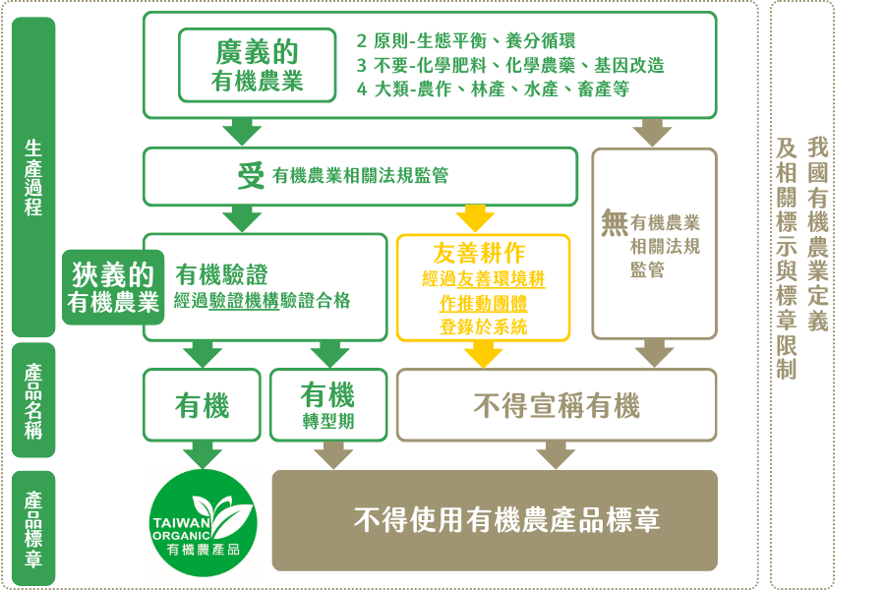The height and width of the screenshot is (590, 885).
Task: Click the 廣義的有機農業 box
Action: coord(258,65)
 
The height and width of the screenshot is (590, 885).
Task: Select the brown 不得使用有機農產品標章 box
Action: coord(495,520)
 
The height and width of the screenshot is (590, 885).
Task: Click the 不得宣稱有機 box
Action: coord(557,404)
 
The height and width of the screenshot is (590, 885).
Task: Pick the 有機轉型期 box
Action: coord(327,404)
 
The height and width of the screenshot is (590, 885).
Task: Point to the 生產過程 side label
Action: coord(33,177)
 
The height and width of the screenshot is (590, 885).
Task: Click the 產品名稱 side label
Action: coord(33,400)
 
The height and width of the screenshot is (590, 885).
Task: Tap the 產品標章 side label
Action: coord(33,529)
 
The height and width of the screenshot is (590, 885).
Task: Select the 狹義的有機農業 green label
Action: coord(113,287)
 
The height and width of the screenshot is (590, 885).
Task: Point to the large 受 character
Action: coord(252,175)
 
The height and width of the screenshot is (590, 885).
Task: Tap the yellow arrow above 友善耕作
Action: coord(475,215)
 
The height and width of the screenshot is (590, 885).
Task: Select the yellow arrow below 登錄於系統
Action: coord(482,354)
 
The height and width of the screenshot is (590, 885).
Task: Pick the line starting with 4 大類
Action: coord(493,88)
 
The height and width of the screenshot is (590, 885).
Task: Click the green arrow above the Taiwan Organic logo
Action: coord(203,453)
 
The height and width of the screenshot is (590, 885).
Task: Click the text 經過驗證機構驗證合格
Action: coord(262,301)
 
